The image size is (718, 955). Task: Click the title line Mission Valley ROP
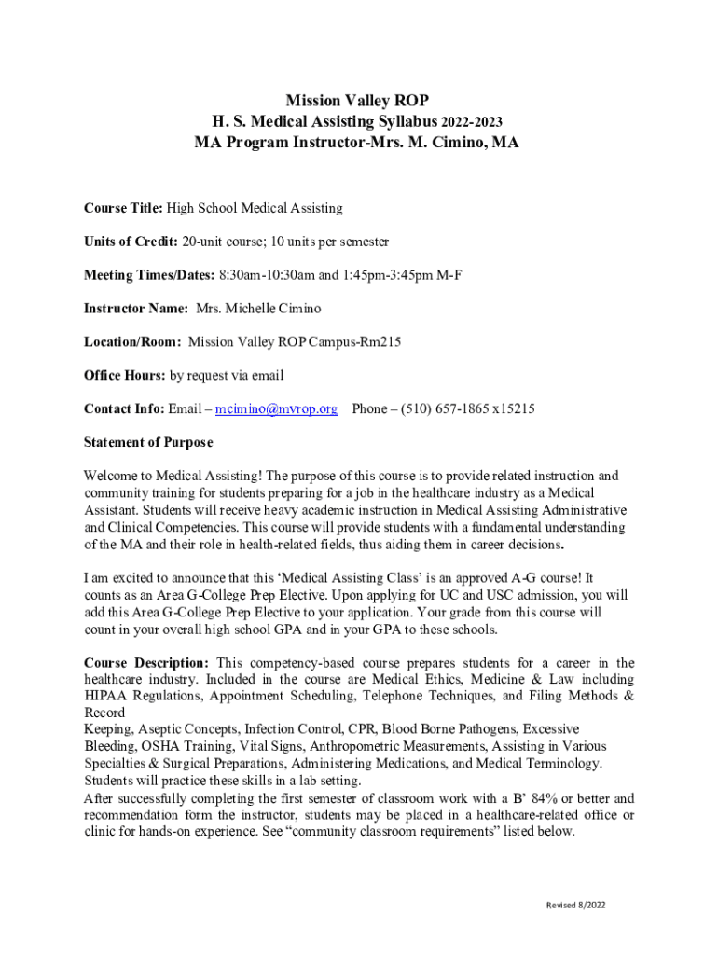click(x=357, y=101)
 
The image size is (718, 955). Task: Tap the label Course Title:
click(x=123, y=208)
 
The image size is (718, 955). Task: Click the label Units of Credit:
click(x=131, y=242)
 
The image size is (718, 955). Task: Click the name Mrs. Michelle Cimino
click(x=258, y=309)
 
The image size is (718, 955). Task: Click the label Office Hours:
click(x=124, y=376)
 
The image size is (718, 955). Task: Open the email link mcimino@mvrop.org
click(x=276, y=409)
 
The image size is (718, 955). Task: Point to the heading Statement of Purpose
click(x=148, y=442)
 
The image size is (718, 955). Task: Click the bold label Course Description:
click(x=145, y=663)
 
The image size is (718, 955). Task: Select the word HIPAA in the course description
click(x=108, y=696)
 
